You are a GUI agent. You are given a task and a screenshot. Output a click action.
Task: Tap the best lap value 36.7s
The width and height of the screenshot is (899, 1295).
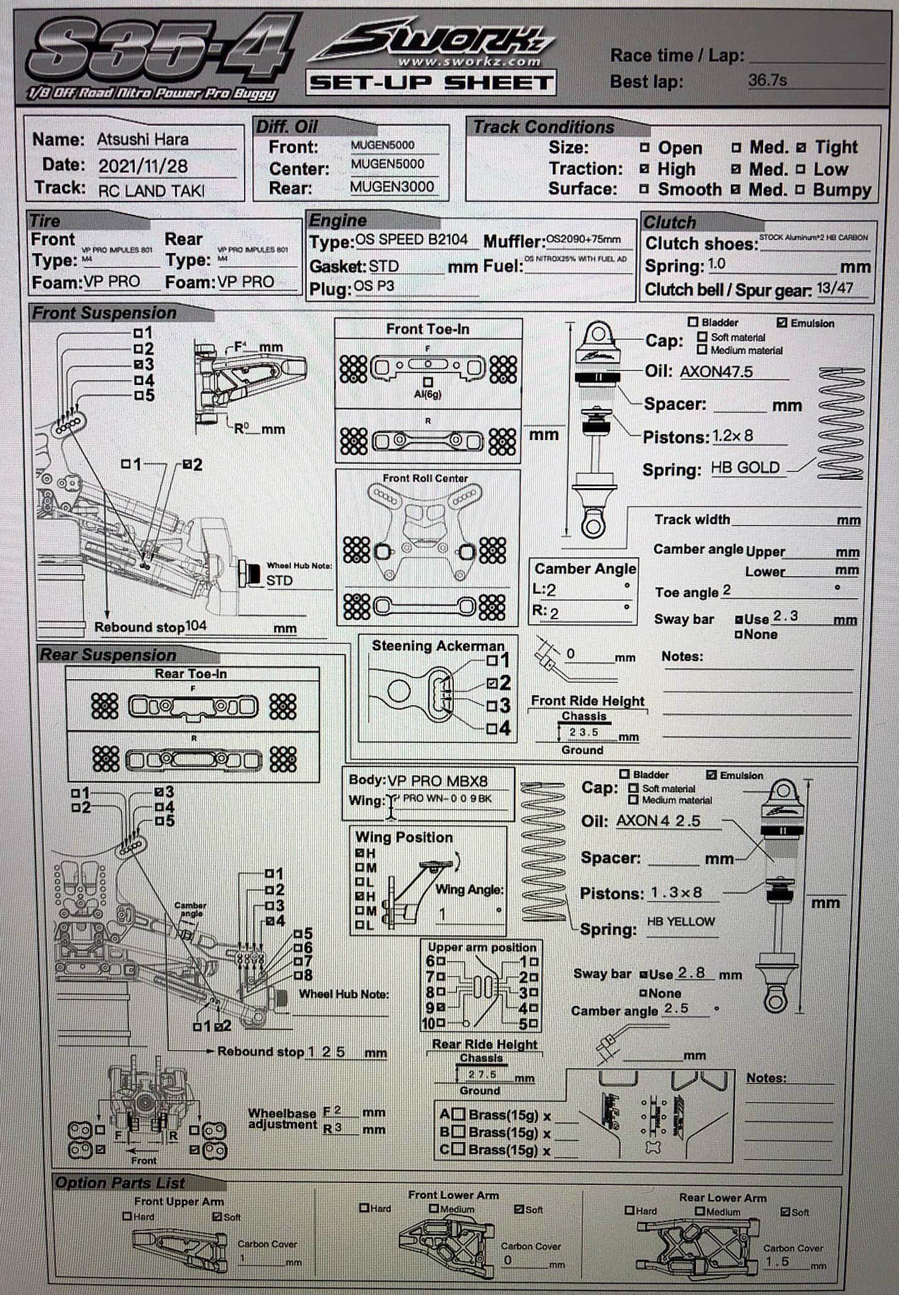click(x=767, y=80)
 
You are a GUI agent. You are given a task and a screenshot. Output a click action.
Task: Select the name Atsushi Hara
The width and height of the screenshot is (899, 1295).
click(x=142, y=139)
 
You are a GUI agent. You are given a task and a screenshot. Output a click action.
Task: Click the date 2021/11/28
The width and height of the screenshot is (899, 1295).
click(x=143, y=166)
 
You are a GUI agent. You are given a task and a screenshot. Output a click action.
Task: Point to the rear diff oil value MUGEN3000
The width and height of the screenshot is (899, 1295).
click(x=392, y=187)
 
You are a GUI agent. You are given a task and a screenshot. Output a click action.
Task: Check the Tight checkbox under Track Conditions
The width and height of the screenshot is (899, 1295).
click(x=801, y=148)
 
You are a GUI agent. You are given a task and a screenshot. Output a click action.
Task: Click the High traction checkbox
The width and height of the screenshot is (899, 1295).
click(x=644, y=169)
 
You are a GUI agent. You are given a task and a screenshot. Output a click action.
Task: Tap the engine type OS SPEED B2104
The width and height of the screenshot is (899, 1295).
click(x=411, y=240)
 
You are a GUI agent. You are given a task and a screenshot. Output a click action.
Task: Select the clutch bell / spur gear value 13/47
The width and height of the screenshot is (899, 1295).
click(x=835, y=288)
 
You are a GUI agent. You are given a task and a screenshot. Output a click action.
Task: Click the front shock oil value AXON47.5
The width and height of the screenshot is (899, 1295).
click(x=716, y=372)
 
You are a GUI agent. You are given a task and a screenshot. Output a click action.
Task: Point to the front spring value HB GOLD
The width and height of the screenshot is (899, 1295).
click(x=745, y=468)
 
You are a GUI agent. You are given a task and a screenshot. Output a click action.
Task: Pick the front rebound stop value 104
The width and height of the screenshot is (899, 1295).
click(x=196, y=625)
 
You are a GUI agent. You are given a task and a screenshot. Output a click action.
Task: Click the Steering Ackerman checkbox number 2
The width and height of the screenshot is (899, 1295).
click(x=492, y=683)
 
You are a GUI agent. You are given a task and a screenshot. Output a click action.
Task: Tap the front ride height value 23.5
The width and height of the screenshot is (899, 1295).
click(x=584, y=732)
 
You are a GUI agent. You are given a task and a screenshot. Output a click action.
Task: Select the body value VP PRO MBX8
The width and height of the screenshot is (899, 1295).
click(x=437, y=780)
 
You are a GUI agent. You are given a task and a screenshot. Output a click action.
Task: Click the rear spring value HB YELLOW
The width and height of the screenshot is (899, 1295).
click(x=680, y=922)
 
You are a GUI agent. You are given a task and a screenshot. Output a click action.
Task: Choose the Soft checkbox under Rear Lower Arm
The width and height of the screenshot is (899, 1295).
click(x=785, y=1212)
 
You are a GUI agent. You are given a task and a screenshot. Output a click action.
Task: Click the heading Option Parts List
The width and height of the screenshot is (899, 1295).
click(x=120, y=1182)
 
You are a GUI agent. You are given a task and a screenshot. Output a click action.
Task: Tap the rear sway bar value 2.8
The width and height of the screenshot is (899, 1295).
click(x=691, y=973)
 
